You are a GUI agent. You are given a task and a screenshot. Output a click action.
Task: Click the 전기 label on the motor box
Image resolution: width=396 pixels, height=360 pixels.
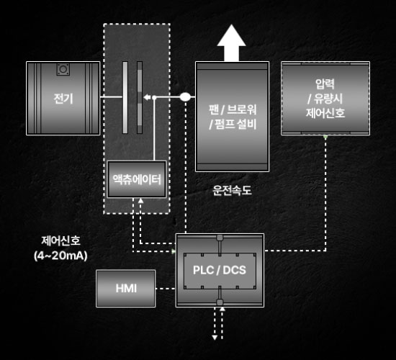point(63,99)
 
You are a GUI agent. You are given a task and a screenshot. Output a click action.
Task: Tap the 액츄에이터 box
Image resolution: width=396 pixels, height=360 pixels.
point(137,179)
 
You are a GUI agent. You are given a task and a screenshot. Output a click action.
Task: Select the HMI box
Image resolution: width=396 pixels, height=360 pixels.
point(126,288)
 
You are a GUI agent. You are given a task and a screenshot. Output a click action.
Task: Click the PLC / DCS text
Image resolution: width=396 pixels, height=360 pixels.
point(219,270)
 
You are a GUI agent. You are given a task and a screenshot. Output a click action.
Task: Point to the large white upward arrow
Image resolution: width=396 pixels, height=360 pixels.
point(231,43)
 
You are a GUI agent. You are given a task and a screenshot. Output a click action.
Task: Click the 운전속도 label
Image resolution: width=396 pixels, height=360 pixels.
point(232,190)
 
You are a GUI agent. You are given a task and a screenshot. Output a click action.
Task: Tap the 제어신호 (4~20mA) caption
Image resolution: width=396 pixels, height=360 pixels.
point(60,248)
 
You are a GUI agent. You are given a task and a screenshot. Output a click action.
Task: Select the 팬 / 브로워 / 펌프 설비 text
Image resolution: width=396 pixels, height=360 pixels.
point(233,117)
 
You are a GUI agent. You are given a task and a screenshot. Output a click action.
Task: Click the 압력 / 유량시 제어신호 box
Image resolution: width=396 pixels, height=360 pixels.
point(325,98)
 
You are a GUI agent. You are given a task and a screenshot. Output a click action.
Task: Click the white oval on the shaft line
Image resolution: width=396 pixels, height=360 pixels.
point(185,96)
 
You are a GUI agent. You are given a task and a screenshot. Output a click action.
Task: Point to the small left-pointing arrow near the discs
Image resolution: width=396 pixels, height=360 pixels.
point(147,97)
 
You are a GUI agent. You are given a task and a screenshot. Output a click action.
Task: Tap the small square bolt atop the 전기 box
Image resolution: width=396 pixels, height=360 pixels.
point(63,69)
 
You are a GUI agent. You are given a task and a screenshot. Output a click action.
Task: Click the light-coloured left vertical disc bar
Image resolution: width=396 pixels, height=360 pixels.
point(125,97)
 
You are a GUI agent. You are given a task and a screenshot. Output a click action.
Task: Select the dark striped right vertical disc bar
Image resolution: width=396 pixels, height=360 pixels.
point(140,97)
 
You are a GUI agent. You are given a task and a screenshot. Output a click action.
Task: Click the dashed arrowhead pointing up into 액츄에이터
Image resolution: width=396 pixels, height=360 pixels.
point(140,201)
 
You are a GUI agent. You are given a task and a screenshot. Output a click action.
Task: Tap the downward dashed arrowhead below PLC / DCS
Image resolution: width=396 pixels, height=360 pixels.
point(215,338)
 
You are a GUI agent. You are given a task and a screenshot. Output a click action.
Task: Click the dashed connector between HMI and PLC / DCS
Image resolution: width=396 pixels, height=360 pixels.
point(166,289)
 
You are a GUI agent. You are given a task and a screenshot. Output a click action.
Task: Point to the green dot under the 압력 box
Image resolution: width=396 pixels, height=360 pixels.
point(325,137)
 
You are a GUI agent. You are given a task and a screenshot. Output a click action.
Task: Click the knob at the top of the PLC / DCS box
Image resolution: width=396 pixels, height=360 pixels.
point(220,238)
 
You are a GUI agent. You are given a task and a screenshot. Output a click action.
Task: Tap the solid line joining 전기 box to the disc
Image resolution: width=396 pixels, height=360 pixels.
point(111,96)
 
